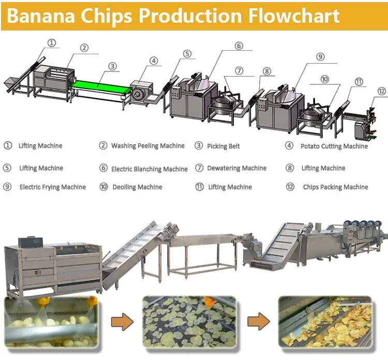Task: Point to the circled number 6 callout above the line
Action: pos(238,46)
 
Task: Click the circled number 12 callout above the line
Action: pos(381,91)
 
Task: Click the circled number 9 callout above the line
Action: pos(320,56)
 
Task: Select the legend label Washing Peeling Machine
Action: pos(147,146)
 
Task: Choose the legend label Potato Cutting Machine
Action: pos(334,146)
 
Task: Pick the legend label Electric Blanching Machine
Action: pos(150,169)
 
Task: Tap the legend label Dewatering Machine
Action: pos(236,168)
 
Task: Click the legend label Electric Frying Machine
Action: pos(52,187)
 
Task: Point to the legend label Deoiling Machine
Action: pos(137,187)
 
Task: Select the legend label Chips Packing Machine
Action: pos(335,187)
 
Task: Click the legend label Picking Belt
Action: pos(223,146)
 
